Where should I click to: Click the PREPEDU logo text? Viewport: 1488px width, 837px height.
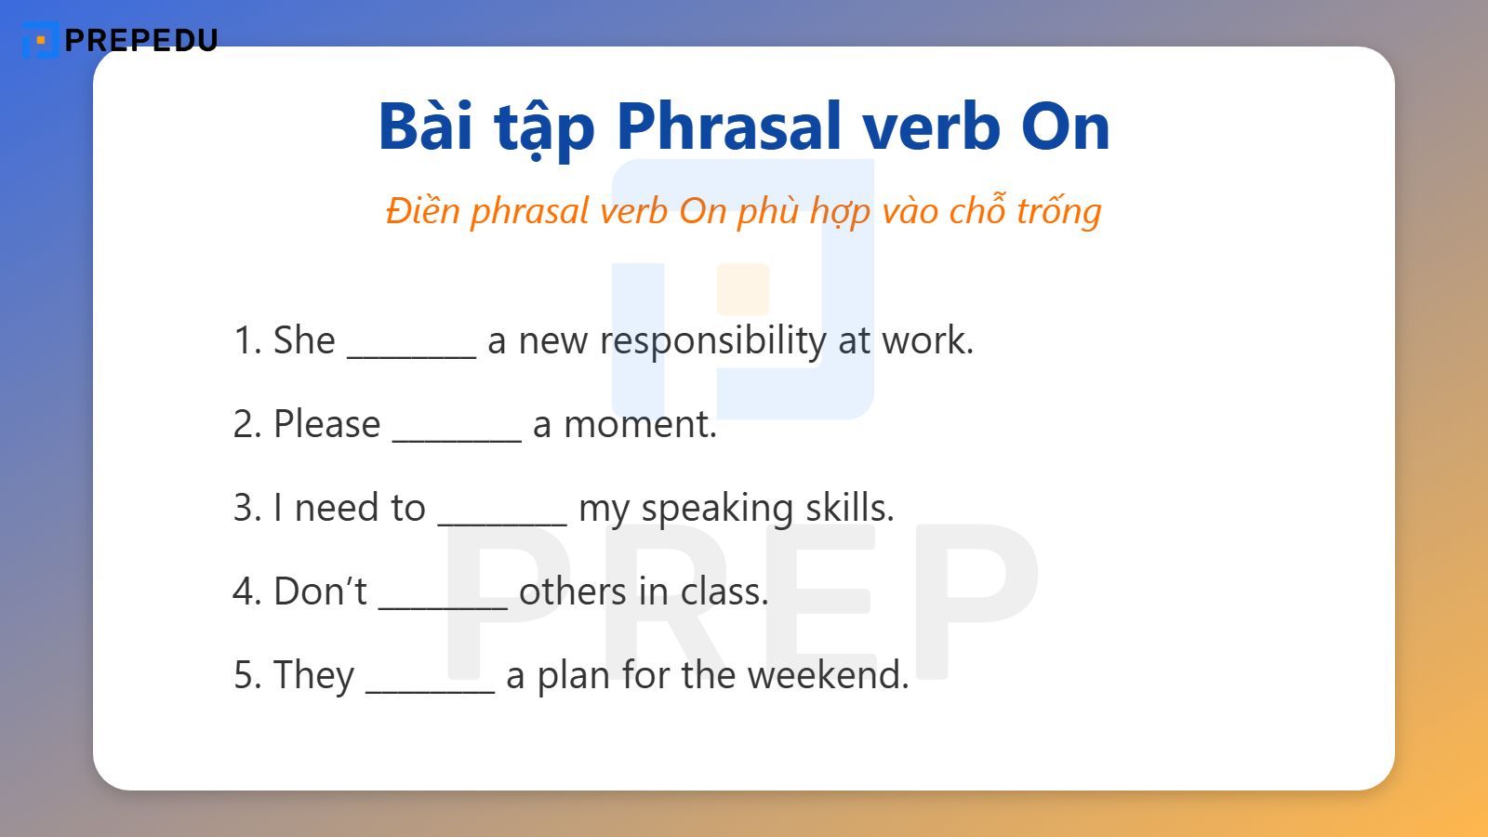141,40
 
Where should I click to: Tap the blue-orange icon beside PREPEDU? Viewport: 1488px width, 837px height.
40,41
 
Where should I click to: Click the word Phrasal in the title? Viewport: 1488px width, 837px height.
729,126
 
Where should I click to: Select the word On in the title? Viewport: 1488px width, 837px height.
1065,126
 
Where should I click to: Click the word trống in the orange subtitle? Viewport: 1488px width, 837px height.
1058,211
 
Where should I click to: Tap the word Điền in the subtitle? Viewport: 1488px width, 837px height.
423,211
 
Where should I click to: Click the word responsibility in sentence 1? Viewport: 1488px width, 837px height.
712,341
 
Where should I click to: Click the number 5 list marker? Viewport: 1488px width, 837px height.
245,676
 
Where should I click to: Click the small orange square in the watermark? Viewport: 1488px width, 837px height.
742,289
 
